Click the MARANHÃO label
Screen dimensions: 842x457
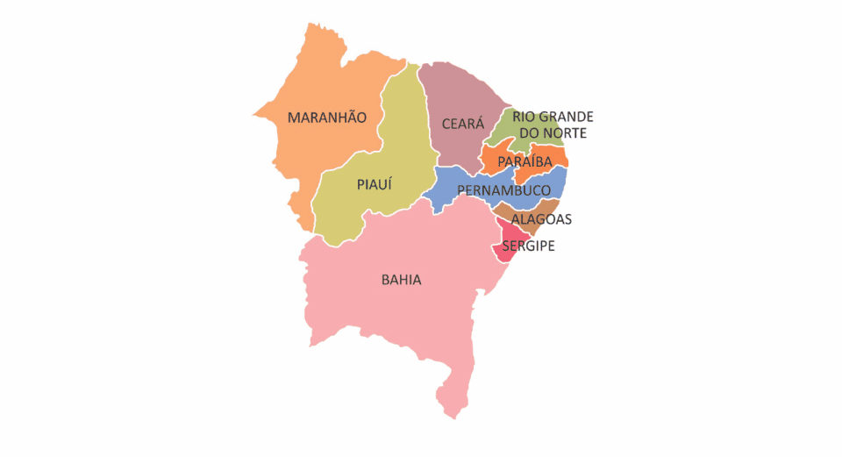tap(326, 118)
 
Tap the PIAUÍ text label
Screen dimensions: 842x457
tap(375, 184)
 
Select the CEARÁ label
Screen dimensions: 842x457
tap(462, 125)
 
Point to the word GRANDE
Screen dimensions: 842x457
tap(567, 117)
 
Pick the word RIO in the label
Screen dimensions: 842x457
tap(524, 117)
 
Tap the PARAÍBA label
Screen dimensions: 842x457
tap(524, 162)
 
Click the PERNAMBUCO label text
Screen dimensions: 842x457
tap(503, 190)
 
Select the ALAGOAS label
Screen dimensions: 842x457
tap(542, 219)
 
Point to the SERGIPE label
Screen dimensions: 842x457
tap(528, 246)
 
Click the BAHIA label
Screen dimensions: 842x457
tap(401, 281)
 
